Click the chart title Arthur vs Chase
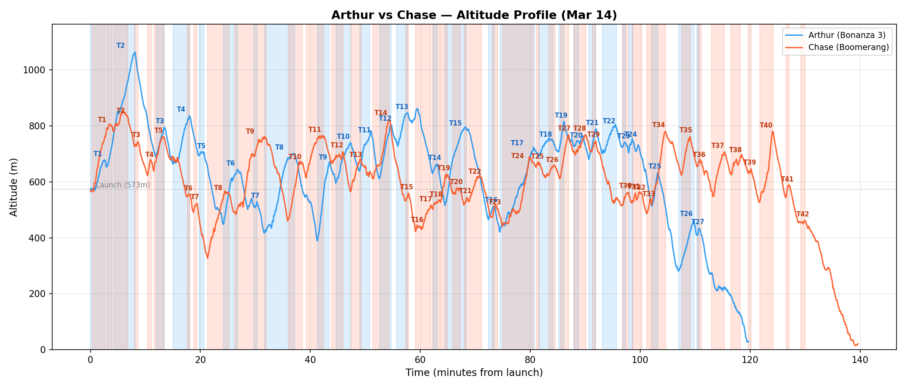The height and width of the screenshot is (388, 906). (474, 16)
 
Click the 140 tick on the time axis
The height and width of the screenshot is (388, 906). (860, 360)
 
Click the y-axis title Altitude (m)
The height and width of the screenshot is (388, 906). (14, 187)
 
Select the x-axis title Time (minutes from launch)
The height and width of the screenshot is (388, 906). (474, 373)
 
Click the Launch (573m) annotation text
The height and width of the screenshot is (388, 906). (123, 185)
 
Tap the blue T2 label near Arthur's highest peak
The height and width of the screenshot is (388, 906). (120, 46)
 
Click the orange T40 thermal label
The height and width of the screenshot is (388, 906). (766, 125)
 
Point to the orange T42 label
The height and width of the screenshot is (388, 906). (802, 214)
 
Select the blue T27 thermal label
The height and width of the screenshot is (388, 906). (698, 222)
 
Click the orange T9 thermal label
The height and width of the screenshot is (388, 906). (250, 131)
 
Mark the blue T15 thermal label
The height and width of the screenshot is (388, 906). (455, 123)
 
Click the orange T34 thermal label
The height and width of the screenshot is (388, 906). (658, 125)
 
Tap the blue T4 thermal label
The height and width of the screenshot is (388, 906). (181, 110)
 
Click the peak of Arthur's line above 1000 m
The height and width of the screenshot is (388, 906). (135, 53)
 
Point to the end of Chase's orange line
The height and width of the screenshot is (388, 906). (858, 344)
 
